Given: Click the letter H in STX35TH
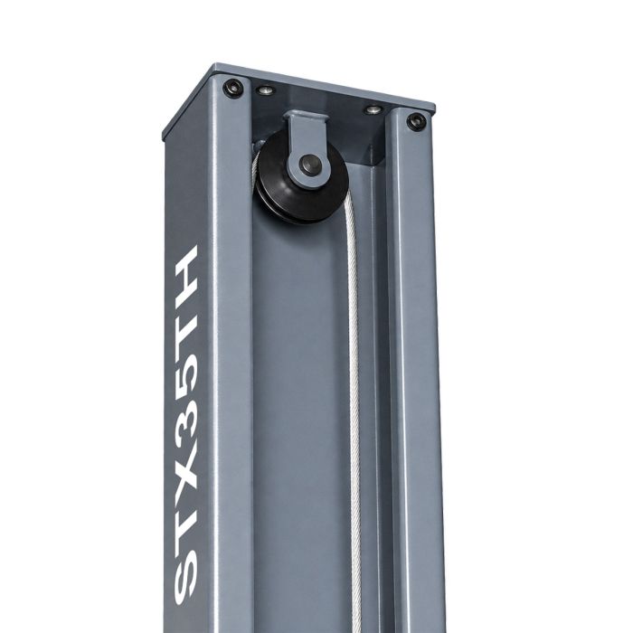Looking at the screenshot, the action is [x=186, y=268].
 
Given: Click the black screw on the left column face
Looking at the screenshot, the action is [x=233, y=88].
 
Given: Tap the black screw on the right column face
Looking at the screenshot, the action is [x=416, y=120].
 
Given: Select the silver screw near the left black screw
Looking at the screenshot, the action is [x=266, y=90].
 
